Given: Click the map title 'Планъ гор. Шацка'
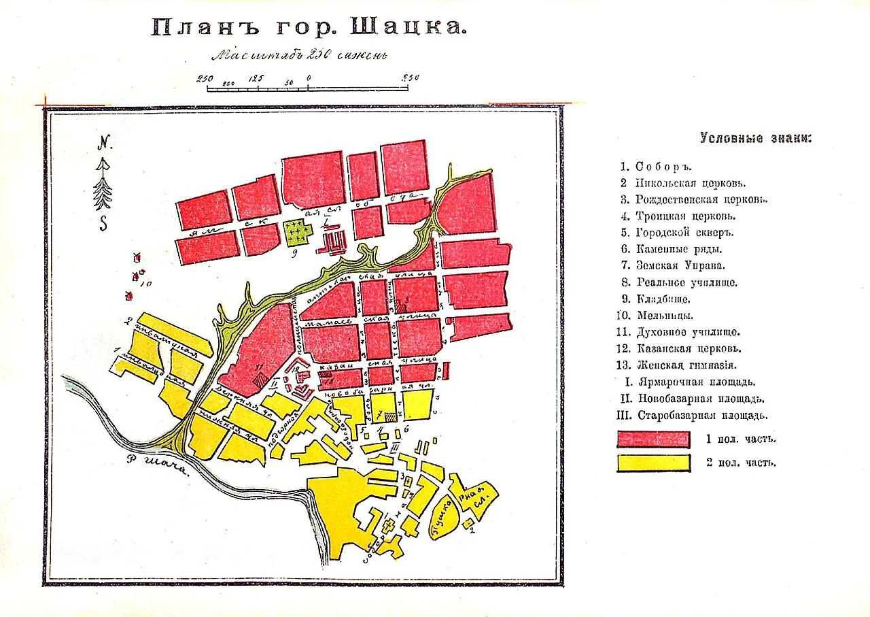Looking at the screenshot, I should tap(309, 28).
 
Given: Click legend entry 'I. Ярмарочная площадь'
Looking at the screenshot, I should tap(689, 382).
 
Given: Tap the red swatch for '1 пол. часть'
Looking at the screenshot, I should tap(653, 439).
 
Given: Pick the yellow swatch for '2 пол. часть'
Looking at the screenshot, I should tap(653, 463).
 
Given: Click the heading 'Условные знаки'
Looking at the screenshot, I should tap(755, 138).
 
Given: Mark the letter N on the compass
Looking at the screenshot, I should tap(104, 143).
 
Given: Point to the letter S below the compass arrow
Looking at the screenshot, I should tap(103, 223).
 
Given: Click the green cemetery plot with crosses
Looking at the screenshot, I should tap(298, 233).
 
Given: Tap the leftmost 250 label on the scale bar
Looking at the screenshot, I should tap(205, 78).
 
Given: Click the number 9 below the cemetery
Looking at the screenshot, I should tap(294, 256).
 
